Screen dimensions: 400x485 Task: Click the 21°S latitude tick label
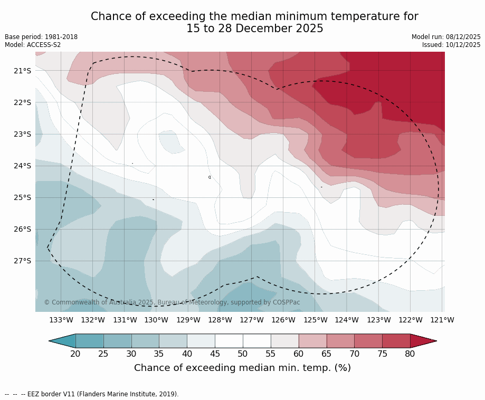click(x=23, y=71)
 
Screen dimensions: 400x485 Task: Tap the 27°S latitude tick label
click(x=23, y=261)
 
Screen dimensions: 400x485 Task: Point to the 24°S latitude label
click(x=23, y=166)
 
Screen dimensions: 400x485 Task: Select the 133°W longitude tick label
click(x=61, y=320)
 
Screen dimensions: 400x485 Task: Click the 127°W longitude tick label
click(x=252, y=320)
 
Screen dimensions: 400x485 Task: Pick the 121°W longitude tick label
click(x=442, y=320)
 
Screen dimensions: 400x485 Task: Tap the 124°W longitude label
click(x=347, y=320)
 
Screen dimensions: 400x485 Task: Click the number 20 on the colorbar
click(x=75, y=354)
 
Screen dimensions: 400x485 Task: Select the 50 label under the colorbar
click(x=243, y=354)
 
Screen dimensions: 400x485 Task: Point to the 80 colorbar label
click(x=410, y=354)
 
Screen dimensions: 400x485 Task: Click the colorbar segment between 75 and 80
click(x=396, y=341)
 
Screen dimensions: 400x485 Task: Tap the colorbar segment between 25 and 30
click(x=117, y=341)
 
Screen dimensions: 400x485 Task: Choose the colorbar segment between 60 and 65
click(x=312, y=341)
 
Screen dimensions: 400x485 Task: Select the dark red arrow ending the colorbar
click(x=422, y=341)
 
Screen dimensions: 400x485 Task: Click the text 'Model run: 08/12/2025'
click(x=446, y=37)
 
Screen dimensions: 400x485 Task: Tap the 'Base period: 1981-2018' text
click(x=41, y=37)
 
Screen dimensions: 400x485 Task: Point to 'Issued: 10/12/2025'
click(x=451, y=45)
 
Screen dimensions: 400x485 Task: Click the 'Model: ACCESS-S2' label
click(x=33, y=45)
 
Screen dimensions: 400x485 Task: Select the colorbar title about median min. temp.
click(x=242, y=368)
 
